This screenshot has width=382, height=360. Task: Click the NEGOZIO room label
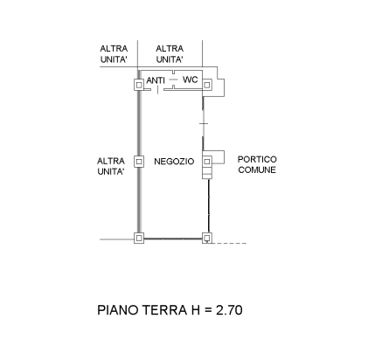click(174, 162)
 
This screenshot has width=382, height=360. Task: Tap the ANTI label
click(156, 80)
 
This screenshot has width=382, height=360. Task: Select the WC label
click(190, 80)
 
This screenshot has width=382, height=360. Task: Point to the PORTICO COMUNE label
click(257, 164)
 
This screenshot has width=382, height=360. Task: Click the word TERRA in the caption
click(164, 310)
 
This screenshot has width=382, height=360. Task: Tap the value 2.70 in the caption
click(229, 310)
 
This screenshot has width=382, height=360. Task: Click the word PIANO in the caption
click(118, 310)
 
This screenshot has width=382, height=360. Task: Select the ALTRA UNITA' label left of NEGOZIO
click(111, 166)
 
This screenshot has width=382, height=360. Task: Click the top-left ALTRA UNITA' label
click(114, 54)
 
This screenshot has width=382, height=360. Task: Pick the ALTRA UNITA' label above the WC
click(170, 54)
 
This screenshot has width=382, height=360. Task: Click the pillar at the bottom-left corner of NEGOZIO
click(139, 239)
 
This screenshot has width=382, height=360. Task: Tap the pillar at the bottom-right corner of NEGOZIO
click(207, 239)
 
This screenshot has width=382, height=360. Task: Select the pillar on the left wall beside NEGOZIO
click(139, 161)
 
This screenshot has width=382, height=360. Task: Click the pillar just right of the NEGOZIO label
click(207, 161)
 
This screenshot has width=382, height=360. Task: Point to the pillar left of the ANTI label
click(139, 85)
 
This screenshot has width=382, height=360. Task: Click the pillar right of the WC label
click(207, 85)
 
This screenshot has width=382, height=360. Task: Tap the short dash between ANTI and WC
click(173, 80)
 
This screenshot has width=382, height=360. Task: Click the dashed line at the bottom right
click(230, 243)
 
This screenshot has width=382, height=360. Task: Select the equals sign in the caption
click(208, 310)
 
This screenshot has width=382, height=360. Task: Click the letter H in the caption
click(196, 310)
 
